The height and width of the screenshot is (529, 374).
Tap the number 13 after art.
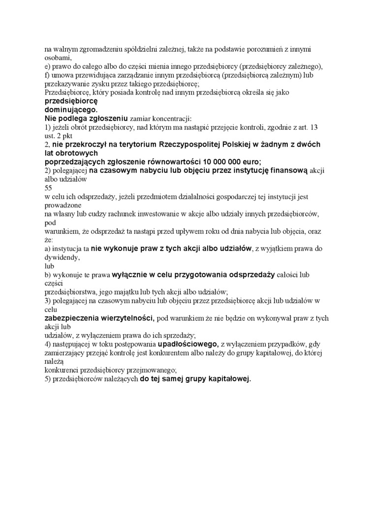click(x=313, y=127)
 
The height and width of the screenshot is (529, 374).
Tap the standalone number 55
click(x=48, y=188)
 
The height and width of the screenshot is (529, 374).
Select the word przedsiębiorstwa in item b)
click(x=67, y=292)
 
